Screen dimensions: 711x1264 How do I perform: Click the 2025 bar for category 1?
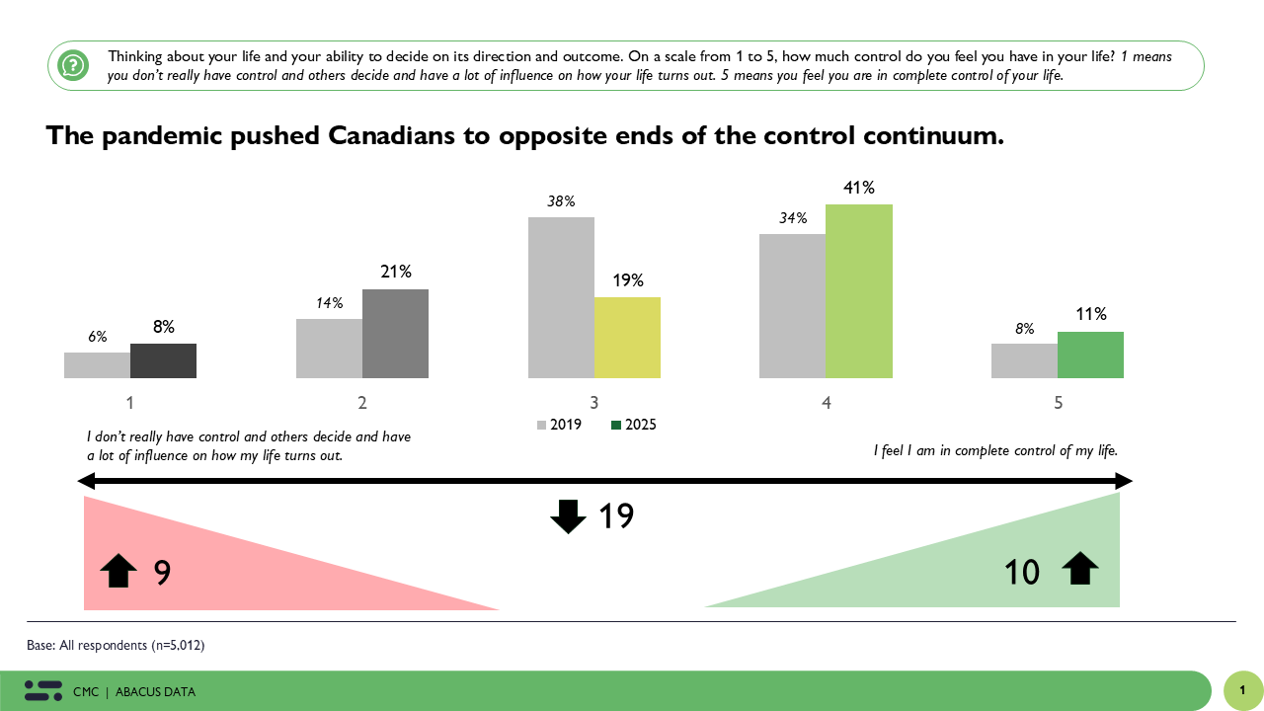click(163, 360)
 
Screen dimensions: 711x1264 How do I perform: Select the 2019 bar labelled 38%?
click(561, 297)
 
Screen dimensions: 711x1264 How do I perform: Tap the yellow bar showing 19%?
click(627, 337)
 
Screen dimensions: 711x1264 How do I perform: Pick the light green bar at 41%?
click(858, 291)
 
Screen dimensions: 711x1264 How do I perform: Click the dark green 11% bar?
click(1090, 355)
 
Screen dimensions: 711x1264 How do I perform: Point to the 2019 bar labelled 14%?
click(329, 348)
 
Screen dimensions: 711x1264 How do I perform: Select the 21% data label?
click(396, 272)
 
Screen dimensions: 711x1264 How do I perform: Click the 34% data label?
click(793, 218)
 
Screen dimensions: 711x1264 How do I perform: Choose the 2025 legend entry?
click(634, 425)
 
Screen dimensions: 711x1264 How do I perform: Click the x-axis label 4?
click(826, 403)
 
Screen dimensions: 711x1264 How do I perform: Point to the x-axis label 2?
click(362, 403)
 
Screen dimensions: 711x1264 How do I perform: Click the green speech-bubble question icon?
click(73, 66)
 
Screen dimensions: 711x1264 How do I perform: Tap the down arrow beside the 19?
click(568, 516)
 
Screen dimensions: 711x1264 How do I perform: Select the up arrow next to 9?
click(118, 571)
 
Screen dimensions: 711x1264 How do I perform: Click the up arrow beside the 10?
click(1079, 569)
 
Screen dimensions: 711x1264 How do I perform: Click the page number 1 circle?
click(1242, 691)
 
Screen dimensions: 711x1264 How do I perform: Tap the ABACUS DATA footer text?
click(155, 692)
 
